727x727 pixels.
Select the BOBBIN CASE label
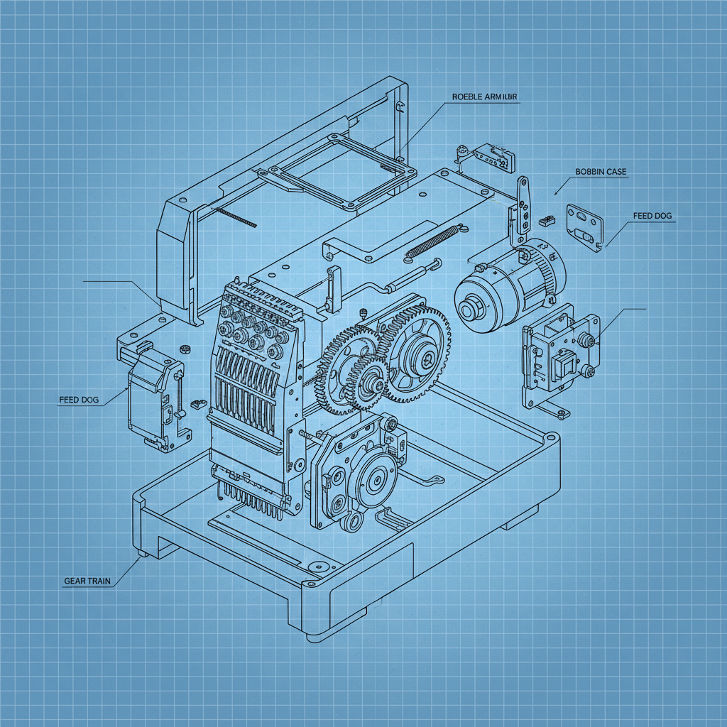pyautogui.click(x=601, y=172)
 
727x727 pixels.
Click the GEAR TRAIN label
pyautogui.click(x=87, y=581)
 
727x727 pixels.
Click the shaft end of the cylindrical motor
pyautogui.click(x=469, y=310)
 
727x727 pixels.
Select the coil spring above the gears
pyautogui.click(x=433, y=241)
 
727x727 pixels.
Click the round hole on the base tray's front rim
pyautogui.click(x=317, y=566)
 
